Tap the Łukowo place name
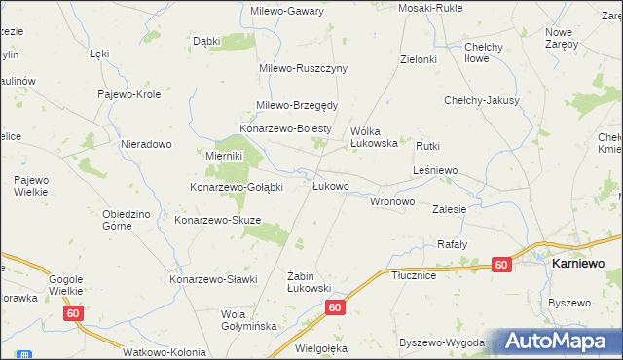331,185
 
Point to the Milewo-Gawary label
289,10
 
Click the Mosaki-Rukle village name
429,8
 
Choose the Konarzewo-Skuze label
217,220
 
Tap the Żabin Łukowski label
311,282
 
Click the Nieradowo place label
146,144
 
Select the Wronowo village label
393,201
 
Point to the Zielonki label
419,59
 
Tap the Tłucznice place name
413,275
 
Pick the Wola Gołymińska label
249,320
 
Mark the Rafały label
453,244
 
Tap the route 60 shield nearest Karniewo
501,265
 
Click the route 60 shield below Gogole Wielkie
74,313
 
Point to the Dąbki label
206,41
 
